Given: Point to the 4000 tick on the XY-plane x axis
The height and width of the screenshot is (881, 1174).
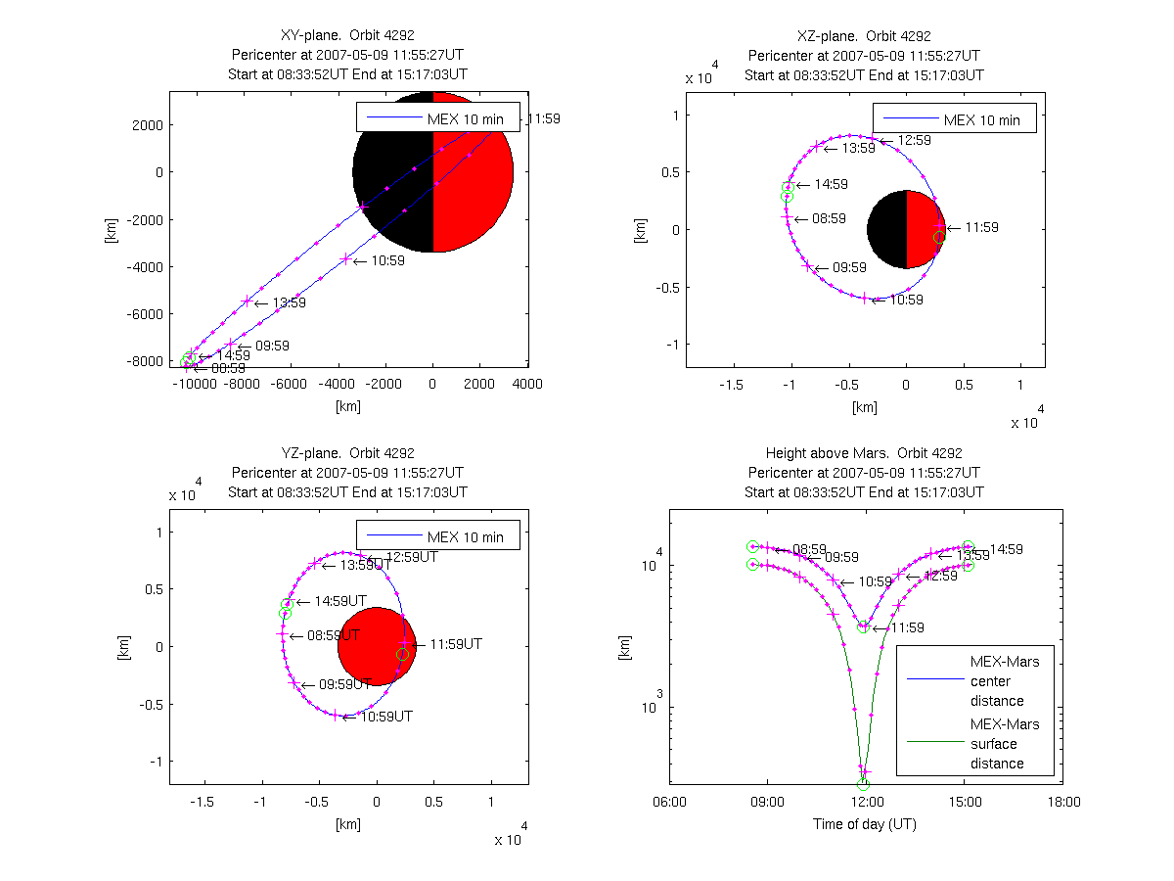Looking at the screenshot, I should (527, 385).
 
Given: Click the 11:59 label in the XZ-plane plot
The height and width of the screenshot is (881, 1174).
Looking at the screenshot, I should (982, 227).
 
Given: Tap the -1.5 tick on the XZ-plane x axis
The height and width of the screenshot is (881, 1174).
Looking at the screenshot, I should (731, 385).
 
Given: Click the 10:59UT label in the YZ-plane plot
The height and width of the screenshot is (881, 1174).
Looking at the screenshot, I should (386, 717).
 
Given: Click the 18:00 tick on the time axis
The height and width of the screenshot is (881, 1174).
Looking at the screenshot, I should (1063, 802).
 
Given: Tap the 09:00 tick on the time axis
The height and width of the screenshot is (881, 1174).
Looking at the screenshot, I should (767, 802).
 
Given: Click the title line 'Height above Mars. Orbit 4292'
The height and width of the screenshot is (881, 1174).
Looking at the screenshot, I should (864, 453).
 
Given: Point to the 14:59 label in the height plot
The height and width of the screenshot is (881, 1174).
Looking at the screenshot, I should (1007, 549).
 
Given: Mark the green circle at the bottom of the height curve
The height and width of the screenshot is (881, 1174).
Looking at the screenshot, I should (863, 784).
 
